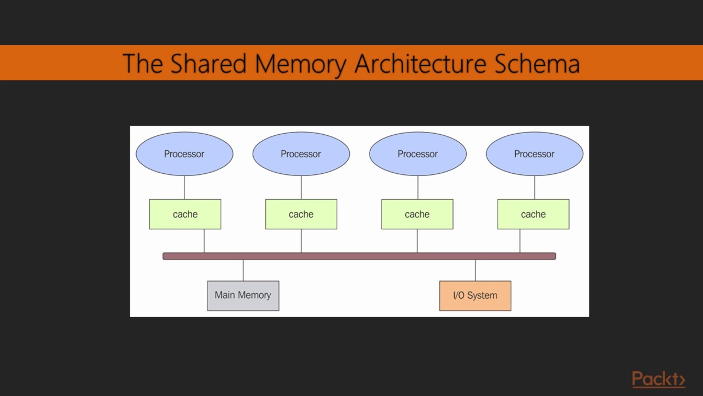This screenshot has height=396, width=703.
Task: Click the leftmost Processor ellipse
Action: coord(185,154)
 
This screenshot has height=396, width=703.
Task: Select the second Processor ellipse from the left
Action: coord(301,154)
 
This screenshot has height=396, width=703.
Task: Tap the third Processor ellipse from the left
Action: coord(417,154)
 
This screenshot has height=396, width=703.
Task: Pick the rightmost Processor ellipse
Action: coord(534,154)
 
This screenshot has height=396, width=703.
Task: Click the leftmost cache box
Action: coord(185,214)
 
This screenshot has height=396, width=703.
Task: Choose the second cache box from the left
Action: coord(301,214)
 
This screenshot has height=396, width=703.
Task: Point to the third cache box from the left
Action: coord(417,214)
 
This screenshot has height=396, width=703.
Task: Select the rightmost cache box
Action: coord(533,214)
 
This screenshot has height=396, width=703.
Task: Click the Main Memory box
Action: coord(243,295)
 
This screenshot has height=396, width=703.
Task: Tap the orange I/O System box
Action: coord(475,295)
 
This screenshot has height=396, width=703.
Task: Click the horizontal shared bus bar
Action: coord(359,256)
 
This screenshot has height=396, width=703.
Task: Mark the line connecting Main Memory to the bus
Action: coord(243,270)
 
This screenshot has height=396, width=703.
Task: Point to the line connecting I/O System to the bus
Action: coord(475,270)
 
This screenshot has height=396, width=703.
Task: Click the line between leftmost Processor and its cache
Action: coord(185,188)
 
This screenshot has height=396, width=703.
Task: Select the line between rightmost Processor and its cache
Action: coord(534,188)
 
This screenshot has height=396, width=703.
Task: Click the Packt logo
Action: coord(658,380)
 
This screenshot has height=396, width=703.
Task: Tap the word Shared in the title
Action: coord(208,63)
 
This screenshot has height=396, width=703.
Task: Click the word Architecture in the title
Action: coord(421,63)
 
